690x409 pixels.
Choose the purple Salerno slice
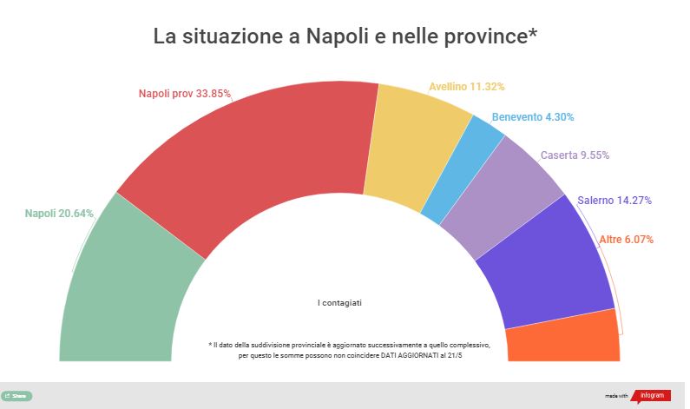[x=547, y=269]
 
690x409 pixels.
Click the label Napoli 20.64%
[x=59, y=214]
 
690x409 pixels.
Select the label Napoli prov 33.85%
[x=185, y=93]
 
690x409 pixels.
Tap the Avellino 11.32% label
[x=467, y=87]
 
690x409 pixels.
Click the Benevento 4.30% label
[x=532, y=116]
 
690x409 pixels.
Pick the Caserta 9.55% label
[x=575, y=155]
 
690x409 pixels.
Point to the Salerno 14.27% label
[x=614, y=201]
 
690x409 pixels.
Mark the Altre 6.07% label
[x=627, y=239]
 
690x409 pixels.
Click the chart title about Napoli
[x=345, y=37]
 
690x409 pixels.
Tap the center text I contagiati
[x=339, y=302]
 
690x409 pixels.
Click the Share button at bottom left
[x=16, y=395]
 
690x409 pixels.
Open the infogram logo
[x=649, y=395]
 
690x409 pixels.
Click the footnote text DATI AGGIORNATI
[x=434, y=355]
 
